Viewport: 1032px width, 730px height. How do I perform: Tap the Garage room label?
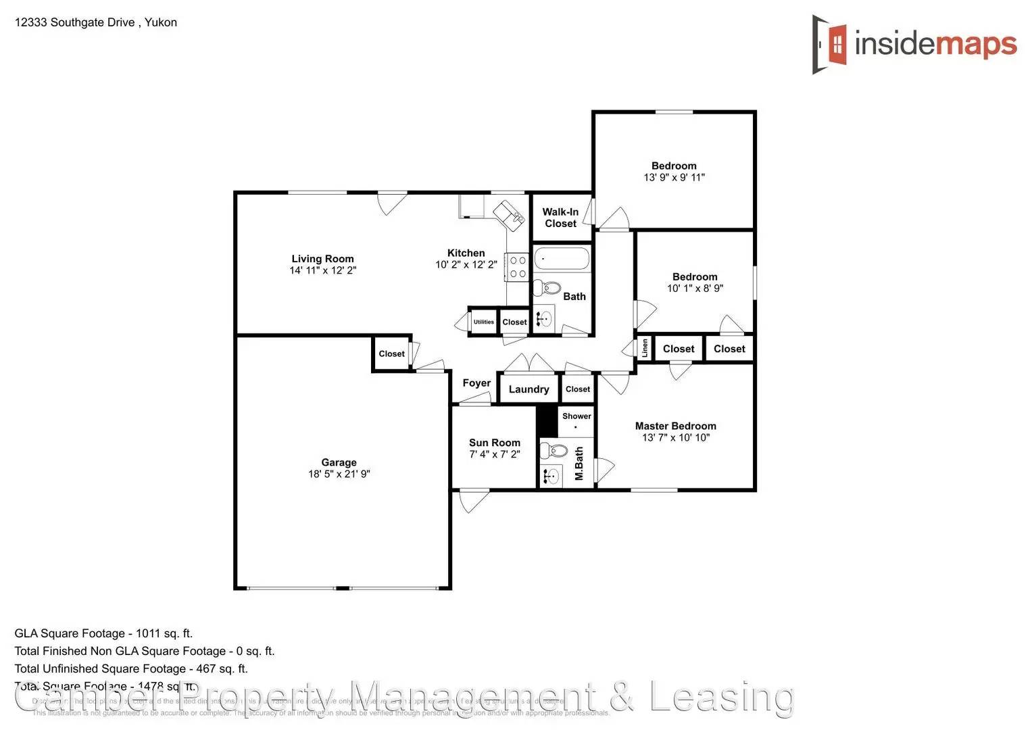point(339,462)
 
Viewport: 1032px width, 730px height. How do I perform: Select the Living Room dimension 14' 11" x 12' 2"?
point(322,270)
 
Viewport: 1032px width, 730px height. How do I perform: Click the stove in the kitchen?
point(518,267)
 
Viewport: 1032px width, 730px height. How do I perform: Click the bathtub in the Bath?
point(562,259)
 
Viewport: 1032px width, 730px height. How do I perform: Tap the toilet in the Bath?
point(548,289)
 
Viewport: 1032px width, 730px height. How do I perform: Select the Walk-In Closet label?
point(560,218)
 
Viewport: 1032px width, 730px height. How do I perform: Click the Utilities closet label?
point(483,322)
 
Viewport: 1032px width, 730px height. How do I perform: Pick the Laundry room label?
point(529,389)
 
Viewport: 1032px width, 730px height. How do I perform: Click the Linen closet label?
point(645,348)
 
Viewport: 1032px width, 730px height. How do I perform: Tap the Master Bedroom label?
point(675,426)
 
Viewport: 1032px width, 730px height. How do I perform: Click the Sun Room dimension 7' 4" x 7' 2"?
point(495,454)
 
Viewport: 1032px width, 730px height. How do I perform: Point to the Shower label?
point(576,416)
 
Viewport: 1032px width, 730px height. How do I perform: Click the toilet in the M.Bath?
point(557,450)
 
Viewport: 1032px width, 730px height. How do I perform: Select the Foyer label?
point(476,383)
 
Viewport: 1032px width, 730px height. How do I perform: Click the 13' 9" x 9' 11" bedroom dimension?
point(674,177)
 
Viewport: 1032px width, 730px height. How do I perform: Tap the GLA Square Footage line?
point(103,633)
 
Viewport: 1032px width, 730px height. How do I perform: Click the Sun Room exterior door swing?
point(474,501)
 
